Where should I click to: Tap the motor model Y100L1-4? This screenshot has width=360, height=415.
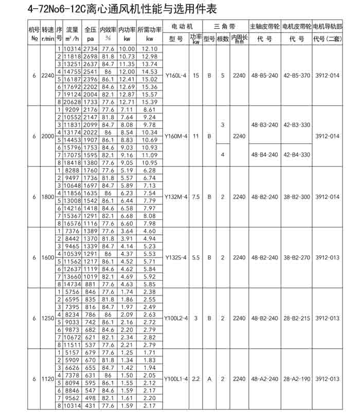[x=177, y=378]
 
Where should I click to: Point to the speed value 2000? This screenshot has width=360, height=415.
[x=47, y=136]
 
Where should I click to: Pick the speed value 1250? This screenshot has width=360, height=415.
[x=47, y=318]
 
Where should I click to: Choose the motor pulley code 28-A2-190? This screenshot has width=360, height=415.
[x=297, y=378]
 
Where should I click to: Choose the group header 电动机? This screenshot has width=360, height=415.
[x=183, y=26]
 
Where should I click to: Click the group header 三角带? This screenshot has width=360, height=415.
[x=225, y=26]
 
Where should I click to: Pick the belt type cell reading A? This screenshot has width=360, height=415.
[x=209, y=378]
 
